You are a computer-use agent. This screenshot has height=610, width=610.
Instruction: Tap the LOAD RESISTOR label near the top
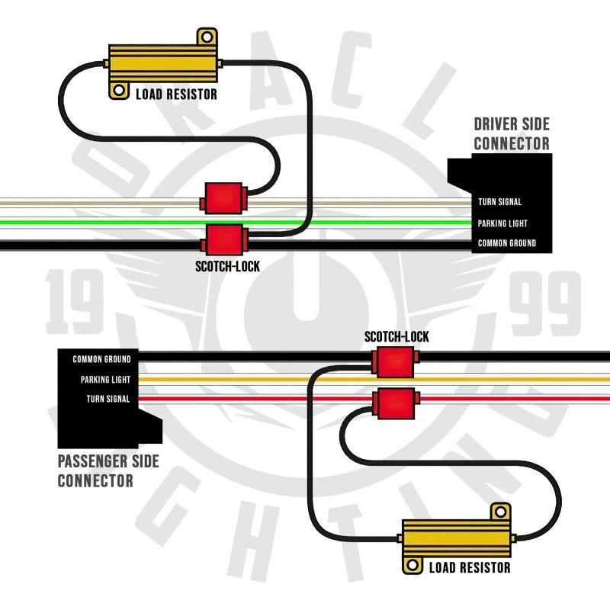click(x=176, y=95)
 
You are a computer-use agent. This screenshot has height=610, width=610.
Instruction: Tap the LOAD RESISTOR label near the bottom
click(x=470, y=567)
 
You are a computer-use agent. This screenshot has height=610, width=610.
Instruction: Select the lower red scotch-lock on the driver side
click(x=223, y=239)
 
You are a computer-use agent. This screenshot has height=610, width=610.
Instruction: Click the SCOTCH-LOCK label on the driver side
click(x=227, y=267)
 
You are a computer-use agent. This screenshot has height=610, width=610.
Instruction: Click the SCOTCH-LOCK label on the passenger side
click(x=396, y=336)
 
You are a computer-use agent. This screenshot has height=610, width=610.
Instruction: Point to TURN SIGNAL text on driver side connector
click(x=500, y=202)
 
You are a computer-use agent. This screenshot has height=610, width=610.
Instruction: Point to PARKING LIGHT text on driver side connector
click(x=502, y=223)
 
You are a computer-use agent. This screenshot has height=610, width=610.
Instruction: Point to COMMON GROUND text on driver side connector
click(x=506, y=243)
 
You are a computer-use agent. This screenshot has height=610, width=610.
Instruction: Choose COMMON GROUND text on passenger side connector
click(x=101, y=359)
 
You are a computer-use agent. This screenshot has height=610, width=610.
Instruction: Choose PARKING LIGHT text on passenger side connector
click(x=105, y=380)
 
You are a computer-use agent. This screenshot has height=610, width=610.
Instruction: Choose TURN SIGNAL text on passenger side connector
click(x=108, y=399)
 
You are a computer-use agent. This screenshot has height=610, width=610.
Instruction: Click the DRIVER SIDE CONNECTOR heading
click(x=511, y=133)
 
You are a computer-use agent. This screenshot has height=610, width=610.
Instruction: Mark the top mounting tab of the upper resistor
click(x=207, y=37)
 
